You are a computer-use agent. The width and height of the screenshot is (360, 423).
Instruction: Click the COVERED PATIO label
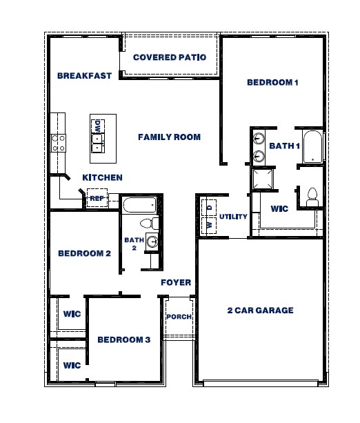click(169, 57)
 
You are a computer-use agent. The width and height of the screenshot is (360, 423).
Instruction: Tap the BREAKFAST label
click(84, 76)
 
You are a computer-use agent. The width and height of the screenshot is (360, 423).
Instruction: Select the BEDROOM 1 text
click(272, 83)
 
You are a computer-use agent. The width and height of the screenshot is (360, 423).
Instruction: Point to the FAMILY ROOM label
click(169, 137)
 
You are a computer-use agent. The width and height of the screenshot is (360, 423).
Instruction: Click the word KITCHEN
click(102, 177)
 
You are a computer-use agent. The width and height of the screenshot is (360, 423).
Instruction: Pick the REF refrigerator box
click(97, 198)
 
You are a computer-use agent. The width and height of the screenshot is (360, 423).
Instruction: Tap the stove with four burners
click(58, 142)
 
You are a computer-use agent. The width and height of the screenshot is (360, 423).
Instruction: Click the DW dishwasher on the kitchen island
click(98, 126)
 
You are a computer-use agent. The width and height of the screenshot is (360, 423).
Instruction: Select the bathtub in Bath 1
click(312, 146)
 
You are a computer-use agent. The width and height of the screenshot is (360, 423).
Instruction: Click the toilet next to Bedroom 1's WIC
click(311, 196)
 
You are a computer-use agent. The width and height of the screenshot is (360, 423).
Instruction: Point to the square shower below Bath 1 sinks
click(263, 179)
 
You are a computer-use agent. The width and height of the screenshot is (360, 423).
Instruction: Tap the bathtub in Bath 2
click(140, 205)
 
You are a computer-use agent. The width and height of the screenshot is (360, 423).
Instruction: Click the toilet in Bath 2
click(147, 224)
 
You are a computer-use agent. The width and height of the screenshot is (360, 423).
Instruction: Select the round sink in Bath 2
click(152, 242)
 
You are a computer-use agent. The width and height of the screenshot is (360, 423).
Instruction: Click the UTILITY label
click(233, 217)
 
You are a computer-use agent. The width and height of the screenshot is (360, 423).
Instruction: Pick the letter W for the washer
click(209, 225)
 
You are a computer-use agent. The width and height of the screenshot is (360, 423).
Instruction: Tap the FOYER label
click(176, 283)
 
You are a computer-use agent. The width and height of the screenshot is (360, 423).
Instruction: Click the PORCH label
click(179, 317)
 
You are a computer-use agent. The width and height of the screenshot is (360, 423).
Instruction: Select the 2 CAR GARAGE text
click(260, 311)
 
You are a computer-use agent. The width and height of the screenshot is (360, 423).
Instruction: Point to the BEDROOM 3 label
click(123, 340)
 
